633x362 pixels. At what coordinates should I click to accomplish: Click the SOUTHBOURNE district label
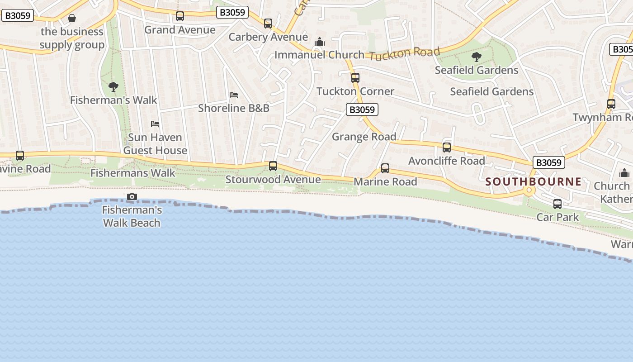(534, 182)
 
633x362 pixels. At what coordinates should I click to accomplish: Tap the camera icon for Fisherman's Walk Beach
(132, 196)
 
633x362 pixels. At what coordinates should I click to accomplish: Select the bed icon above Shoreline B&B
(234, 95)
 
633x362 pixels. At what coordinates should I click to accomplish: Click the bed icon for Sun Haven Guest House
(155, 124)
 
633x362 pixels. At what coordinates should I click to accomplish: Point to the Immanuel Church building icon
(320, 42)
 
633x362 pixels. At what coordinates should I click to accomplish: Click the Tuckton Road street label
(404, 53)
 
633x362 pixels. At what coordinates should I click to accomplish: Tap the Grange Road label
(364, 137)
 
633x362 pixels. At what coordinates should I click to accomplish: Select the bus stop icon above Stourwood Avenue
(273, 166)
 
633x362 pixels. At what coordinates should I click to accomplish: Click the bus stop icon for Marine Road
(385, 168)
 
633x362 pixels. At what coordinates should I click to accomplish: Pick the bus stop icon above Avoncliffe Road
(447, 148)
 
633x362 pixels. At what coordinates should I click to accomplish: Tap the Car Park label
(557, 217)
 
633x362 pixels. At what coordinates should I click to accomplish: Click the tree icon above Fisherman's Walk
(113, 86)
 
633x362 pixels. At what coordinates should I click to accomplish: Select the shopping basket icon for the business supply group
(72, 18)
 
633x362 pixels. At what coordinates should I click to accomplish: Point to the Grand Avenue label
(180, 30)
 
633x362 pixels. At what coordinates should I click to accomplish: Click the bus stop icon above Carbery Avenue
(268, 24)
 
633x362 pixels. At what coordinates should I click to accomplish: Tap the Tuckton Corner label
(355, 91)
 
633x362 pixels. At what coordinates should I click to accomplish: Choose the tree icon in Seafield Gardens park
(476, 57)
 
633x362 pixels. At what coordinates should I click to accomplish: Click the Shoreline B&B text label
(234, 108)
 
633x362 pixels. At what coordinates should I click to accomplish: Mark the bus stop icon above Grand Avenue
(180, 17)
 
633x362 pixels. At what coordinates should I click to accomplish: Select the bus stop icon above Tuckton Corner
(355, 78)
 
